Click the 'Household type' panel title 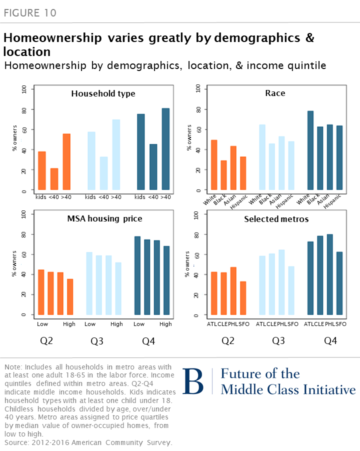pyautogui.click(x=103, y=93)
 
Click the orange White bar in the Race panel pyautogui.click(x=214, y=165)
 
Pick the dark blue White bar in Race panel pyautogui.click(x=310, y=150)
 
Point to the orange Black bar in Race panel pyautogui.click(x=223, y=175)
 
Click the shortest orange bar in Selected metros pyautogui.click(x=243, y=298)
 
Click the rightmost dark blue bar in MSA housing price pyautogui.click(x=166, y=280)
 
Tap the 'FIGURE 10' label pyautogui.click(x=30, y=12)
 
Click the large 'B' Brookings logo pyautogui.click(x=193, y=382)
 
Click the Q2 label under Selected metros pyautogui.click(x=227, y=342)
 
